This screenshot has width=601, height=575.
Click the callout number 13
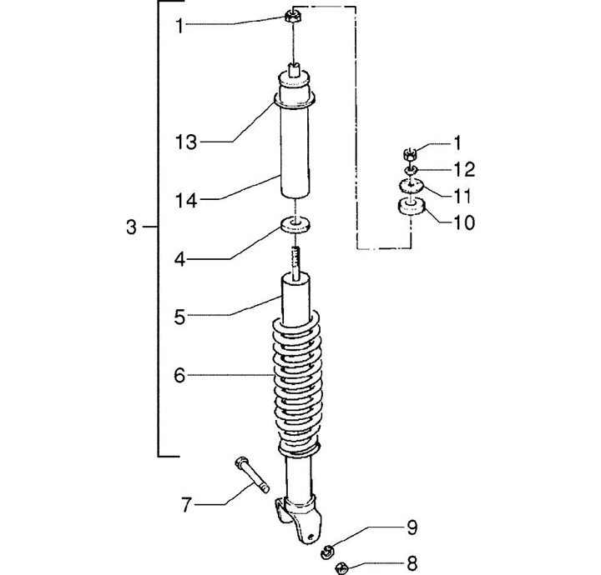point(186,142)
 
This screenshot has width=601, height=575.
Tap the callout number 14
point(186,200)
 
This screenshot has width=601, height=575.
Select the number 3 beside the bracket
point(131,227)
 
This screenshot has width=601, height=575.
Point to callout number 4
point(179,260)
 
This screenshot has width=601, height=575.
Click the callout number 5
point(179,317)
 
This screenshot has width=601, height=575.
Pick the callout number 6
point(179,376)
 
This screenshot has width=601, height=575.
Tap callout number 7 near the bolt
point(186,505)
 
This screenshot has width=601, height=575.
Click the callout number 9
point(412,528)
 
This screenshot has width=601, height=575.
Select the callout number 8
point(412,563)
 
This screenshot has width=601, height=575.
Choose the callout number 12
point(464,169)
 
